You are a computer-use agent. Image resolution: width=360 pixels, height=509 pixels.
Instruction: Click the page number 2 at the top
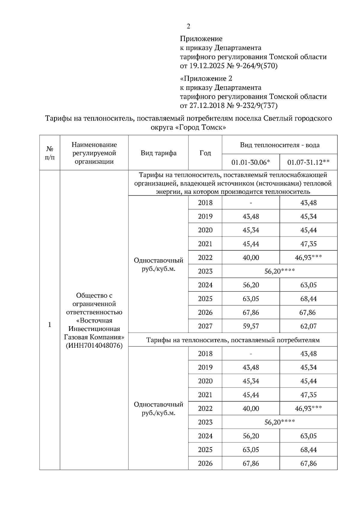pos(188,27)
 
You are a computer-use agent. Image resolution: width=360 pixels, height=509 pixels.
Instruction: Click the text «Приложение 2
pos(206,79)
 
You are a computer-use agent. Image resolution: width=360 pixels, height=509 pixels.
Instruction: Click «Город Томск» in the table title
pos(200,127)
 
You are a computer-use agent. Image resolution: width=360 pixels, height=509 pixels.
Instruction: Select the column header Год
pos(205,153)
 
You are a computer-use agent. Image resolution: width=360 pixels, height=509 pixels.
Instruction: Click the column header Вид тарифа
pos(158,153)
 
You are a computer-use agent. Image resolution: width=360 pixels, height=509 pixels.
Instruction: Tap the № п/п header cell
pos(50,153)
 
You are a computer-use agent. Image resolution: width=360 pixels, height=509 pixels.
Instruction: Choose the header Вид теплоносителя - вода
pos(280,145)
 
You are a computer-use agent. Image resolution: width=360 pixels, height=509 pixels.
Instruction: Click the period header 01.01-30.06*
pos(251,162)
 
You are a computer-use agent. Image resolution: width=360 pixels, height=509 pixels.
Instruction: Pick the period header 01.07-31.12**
pos(308,162)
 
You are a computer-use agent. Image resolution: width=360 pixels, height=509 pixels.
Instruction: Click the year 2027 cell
pos(205,326)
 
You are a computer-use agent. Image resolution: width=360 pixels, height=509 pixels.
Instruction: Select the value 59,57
pos(251,326)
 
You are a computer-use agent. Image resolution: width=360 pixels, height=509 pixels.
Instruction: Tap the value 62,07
pos(308,326)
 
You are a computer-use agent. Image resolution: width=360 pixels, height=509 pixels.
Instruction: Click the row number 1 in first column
pos(50,325)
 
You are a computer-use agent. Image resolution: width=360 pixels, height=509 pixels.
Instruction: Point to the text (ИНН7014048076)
pos(94,345)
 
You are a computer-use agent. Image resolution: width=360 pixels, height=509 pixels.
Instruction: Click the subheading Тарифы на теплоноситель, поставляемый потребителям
pos(233,340)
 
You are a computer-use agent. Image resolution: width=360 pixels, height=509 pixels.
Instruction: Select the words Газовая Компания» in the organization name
pos(94,337)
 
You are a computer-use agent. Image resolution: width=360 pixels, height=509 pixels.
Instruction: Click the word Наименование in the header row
pos(94,145)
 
